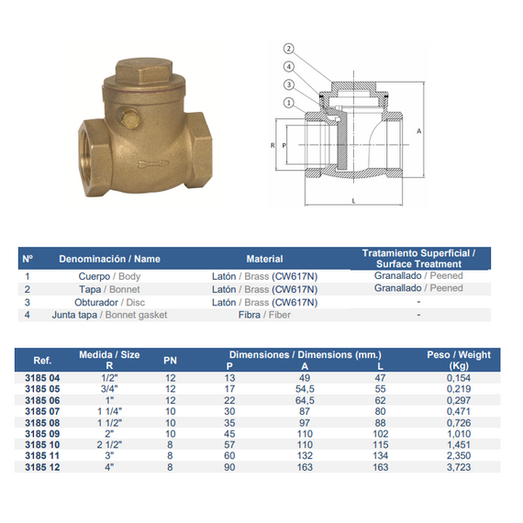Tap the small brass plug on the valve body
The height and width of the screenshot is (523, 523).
[x=128, y=117]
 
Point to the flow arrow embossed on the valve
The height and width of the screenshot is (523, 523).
[x=153, y=163]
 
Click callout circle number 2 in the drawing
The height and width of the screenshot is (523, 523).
[x=288, y=49]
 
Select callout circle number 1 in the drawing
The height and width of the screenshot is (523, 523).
[x=288, y=103]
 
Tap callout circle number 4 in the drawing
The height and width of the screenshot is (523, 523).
[x=288, y=67]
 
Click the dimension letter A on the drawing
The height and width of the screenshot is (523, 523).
[x=419, y=131]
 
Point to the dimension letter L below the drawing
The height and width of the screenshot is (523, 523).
[x=353, y=201]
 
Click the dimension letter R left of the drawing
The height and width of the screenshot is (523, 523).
[x=273, y=145]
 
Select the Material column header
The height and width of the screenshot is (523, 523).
[x=264, y=259]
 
